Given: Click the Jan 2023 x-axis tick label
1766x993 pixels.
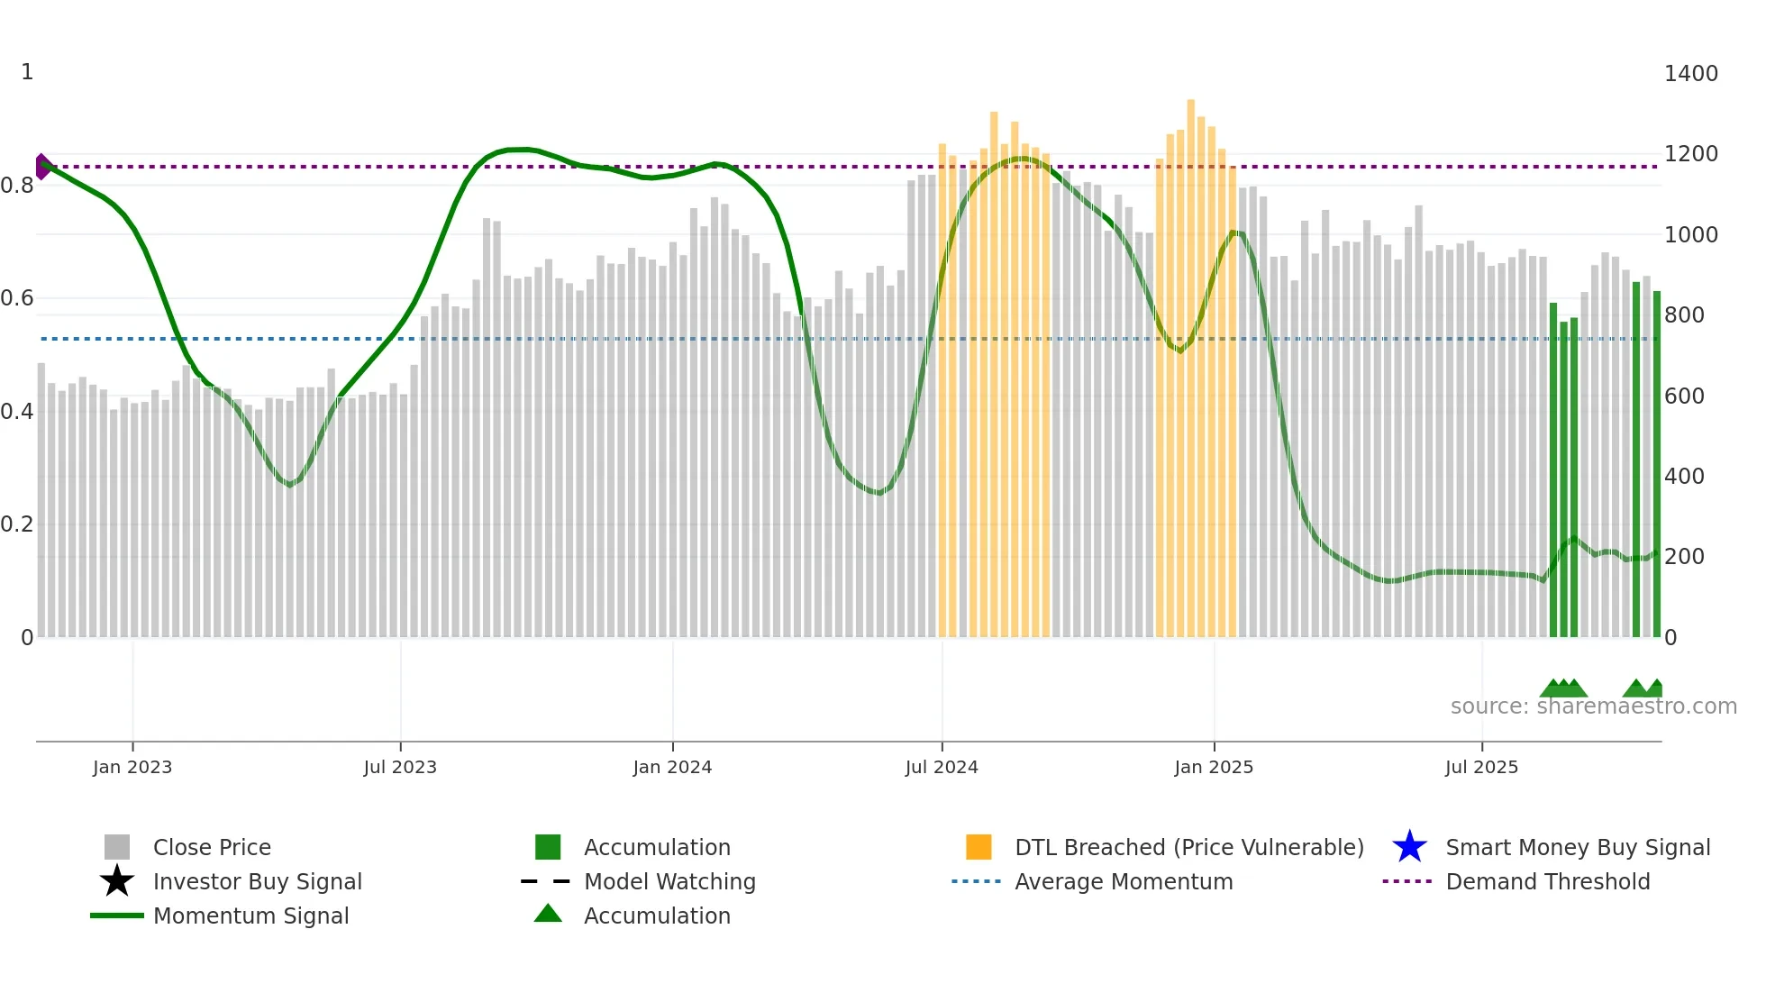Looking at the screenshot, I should [132, 767].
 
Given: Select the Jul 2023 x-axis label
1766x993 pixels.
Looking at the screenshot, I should [400, 767].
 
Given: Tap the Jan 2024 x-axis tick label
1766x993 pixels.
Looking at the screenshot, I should [672, 767].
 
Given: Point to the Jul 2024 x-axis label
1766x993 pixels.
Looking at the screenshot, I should [942, 767].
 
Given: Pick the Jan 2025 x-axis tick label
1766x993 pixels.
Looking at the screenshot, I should [1214, 767].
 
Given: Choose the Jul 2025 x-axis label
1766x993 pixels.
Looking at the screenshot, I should [1481, 767].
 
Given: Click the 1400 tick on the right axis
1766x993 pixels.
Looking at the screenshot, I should [1690, 74].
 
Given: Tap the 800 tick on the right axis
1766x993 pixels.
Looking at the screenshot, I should [1684, 315].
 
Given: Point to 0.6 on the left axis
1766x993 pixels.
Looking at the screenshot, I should [17, 298].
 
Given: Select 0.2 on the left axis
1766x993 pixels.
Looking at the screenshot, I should [17, 524].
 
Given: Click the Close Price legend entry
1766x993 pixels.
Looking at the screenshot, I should [212, 847].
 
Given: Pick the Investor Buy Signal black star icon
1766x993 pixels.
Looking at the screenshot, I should [117, 881].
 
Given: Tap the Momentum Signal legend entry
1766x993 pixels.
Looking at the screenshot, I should [250, 916].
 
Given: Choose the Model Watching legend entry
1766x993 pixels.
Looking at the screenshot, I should [669, 881].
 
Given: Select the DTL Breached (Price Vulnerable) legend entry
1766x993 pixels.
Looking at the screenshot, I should [1188, 847].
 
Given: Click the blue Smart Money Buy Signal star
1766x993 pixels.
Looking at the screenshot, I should [1409, 847].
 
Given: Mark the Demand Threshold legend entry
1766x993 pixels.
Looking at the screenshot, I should [1547, 881].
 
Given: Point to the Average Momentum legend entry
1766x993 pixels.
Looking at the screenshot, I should [1124, 881].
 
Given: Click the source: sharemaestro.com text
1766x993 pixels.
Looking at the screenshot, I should [1593, 706].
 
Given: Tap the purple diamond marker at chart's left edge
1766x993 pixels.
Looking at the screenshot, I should [42, 167].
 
